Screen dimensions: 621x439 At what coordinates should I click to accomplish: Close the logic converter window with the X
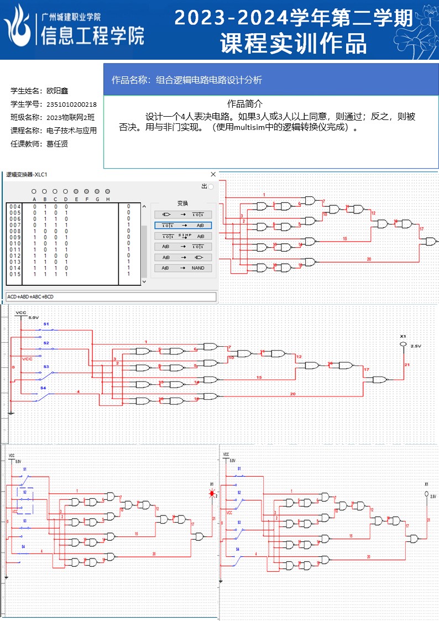pyautogui.click(x=213, y=174)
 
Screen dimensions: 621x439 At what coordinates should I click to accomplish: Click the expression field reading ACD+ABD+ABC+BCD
pyautogui.click(x=111, y=297)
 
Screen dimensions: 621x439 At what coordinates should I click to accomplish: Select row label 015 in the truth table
pyautogui.click(x=15, y=274)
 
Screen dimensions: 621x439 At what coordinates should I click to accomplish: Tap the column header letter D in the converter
pyautogui.click(x=66, y=199)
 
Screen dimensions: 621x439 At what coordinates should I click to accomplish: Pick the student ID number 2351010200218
pyautogui.click(x=72, y=104)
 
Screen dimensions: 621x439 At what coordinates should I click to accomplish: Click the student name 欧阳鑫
pyautogui.click(x=58, y=91)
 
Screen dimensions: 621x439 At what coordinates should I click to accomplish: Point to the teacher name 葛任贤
pyautogui.click(x=58, y=144)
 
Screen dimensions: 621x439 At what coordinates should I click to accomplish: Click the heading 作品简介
pyautogui.click(x=245, y=103)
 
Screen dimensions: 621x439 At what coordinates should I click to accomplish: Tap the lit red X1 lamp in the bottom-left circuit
pyautogui.click(x=211, y=495)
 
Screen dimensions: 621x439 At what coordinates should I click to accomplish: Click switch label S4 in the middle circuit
pyautogui.click(x=43, y=389)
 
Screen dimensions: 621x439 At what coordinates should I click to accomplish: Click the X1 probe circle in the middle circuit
pyautogui.click(x=403, y=345)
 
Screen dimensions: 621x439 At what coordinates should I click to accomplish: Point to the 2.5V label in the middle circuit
pyautogui.click(x=416, y=346)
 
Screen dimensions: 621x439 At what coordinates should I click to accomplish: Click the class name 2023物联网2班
pyautogui.click(x=71, y=117)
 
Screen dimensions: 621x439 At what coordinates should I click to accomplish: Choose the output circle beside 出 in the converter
pyautogui.click(x=211, y=187)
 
